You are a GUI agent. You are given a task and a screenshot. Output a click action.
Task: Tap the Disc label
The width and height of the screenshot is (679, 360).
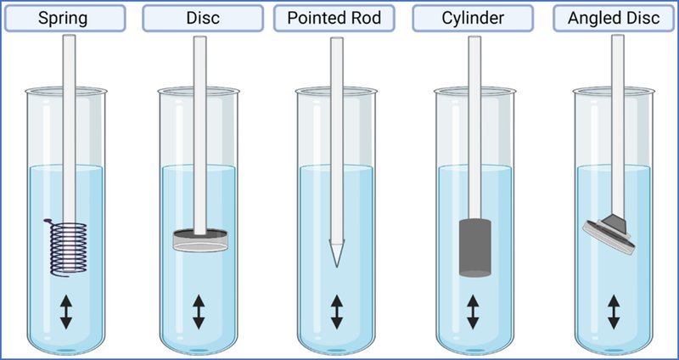pyautogui.click(x=203, y=18)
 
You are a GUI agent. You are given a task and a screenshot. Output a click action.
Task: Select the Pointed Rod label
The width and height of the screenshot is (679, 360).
pyautogui.click(x=334, y=18)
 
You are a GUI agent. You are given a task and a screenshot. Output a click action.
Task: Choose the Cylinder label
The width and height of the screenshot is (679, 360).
pyautogui.click(x=473, y=18)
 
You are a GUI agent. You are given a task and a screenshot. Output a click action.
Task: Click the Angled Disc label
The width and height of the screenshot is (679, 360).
pyautogui.click(x=614, y=18)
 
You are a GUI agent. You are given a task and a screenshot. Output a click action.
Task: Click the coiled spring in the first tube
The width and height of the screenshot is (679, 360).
pyautogui.click(x=66, y=248)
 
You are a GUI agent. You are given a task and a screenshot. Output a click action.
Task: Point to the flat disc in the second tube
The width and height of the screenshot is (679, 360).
pyautogui.click(x=200, y=241)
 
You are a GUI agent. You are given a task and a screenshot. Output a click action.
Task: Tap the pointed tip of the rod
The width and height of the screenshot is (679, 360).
pyautogui.click(x=336, y=267)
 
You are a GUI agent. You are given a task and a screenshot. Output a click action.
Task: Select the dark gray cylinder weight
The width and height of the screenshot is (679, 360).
pyautogui.click(x=474, y=248)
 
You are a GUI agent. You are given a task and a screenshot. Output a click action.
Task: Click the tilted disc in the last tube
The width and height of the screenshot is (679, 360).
pyautogui.click(x=609, y=233)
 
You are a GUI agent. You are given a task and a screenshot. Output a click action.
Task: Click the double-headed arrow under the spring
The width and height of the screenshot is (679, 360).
pyautogui.click(x=66, y=312)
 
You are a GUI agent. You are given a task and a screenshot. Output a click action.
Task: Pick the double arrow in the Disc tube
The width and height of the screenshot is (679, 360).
pyautogui.click(x=199, y=312)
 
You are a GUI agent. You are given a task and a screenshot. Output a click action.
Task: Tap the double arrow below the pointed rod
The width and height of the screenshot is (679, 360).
pyautogui.click(x=337, y=312)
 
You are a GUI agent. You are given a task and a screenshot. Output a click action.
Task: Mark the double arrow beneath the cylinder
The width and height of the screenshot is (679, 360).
pyautogui.click(x=473, y=312)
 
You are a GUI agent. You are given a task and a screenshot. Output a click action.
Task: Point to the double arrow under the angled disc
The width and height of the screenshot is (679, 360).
pyautogui.click(x=614, y=312)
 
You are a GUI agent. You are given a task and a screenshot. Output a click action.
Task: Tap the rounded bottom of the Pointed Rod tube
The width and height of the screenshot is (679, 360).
pyautogui.click(x=336, y=350)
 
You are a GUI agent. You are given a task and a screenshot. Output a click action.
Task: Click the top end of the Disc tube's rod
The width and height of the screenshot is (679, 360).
pyautogui.click(x=199, y=37)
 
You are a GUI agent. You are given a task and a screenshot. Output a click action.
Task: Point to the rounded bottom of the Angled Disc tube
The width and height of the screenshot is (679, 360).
pyautogui.click(x=614, y=350)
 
